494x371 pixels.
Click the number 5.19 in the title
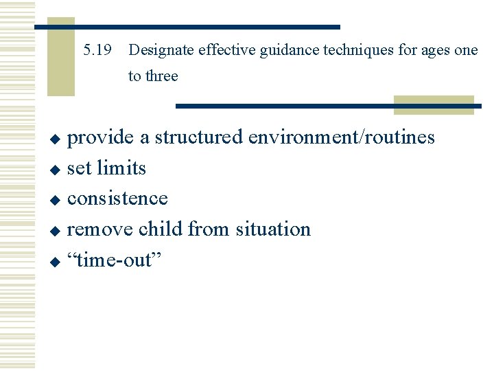[x=97, y=50]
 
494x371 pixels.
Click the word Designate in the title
[x=161, y=50]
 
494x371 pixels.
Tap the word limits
[x=121, y=168]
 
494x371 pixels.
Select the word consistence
[x=117, y=198]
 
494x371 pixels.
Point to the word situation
[x=273, y=228]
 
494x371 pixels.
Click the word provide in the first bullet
[x=101, y=137]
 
